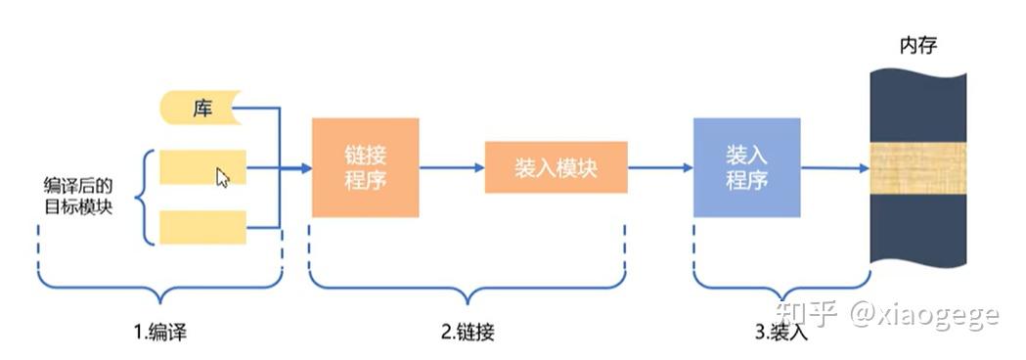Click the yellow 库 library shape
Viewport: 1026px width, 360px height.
click(x=201, y=108)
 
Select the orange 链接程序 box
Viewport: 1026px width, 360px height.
click(x=365, y=167)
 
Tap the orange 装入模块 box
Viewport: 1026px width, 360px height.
click(x=556, y=167)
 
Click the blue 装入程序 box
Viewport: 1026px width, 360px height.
click(x=746, y=167)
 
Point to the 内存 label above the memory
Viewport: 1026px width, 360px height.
click(x=918, y=46)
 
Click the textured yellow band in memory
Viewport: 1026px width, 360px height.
click(x=918, y=168)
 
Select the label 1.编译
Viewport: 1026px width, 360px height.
click(x=161, y=332)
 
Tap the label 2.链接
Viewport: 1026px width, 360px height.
click(x=468, y=332)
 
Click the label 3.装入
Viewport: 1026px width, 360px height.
click(x=781, y=332)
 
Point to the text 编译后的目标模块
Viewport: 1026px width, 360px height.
click(x=78, y=195)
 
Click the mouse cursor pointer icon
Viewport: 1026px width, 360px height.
click(x=222, y=177)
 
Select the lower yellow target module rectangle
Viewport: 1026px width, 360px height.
click(x=202, y=227)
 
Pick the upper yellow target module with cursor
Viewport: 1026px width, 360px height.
click(x=202, y=167)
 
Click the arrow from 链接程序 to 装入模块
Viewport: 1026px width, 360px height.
click(x=452, y=167)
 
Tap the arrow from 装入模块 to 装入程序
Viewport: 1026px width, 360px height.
click(x=660, y=167)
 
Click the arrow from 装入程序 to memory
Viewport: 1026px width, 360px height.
click(x=835, y=168)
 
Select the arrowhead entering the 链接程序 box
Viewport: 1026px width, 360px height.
click(x=306, y=168)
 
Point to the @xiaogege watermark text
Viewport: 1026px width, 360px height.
click(x=924, y=316)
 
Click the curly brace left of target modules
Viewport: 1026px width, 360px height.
click(x=144, y=197)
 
